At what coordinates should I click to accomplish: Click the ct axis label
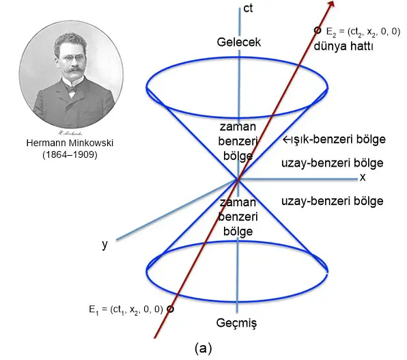[248, 9]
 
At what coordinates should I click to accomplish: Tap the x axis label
[363, 178]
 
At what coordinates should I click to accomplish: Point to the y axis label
[104, 245]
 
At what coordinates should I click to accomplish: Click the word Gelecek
[239, 42]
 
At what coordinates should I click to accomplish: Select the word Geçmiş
[236, 323]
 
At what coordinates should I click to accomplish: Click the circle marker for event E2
[317, 30]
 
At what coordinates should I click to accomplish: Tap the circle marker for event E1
[170, 309]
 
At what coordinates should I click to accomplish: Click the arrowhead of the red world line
[331, 3]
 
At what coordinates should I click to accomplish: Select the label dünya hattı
[343, 46]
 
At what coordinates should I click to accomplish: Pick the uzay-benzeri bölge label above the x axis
[333, 163]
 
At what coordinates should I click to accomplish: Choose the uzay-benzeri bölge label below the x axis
[333, 201]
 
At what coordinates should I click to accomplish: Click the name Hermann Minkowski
[70, 143]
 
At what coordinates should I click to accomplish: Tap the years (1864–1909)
[70, 155]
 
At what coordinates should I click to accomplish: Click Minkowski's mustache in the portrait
[72, 69]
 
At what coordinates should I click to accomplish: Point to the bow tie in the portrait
[72, 89]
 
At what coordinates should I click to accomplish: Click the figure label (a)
[203, 348]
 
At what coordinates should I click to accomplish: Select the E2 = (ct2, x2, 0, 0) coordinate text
[363, 32]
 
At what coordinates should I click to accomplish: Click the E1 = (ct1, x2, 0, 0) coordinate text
[126, 310]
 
